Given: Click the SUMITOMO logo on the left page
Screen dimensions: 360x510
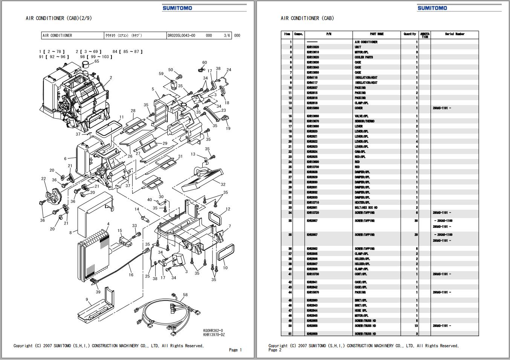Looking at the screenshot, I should pyautogui.click(x=177, y=8).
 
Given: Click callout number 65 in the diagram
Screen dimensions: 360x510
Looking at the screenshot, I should pyautogui.click(x=97, y=61).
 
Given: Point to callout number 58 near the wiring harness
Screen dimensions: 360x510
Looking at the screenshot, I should pyautogui.click(x=185, y=295).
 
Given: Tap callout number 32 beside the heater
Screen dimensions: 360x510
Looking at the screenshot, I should pyautogui.click(x=223, y=184).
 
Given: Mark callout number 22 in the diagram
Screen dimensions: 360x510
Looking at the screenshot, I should pyautogui.click(x=44, y=179).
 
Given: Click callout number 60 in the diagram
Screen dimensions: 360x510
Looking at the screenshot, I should pyautogui.click(x=205, y=63).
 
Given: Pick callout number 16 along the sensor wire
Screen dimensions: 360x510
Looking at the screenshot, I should pyautogui.click(x=131, y=275).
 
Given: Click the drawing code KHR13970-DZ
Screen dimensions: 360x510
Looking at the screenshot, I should pyautogui.click(x=214, y=335).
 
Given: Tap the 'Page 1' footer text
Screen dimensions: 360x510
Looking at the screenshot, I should pyautogui.click(x=235, y=350).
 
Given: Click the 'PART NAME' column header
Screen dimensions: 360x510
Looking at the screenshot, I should pyautogui.click(x=377, y=34).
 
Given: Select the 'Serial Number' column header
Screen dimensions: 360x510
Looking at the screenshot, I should pyautogui.click(x=455, y=34).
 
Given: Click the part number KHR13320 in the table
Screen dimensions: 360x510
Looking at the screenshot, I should pyautogui.click(x=313, y=47).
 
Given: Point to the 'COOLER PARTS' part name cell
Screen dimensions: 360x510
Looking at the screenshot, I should pyautogui.click(x=364, y=57).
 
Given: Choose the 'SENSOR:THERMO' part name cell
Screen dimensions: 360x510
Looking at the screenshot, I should pyautogui.click(x=365, y=121).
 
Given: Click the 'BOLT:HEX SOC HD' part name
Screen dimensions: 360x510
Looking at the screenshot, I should pyautogui.click(x=366, y=207).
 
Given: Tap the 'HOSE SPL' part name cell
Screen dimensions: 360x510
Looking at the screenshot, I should pyautogui.click(x=361, y=311).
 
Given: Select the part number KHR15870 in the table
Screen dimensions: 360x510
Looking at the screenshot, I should pyautogui.click(x=313, y=292).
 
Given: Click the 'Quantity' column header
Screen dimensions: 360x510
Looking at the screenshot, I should pyautogui.click(x=410, y=34).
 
